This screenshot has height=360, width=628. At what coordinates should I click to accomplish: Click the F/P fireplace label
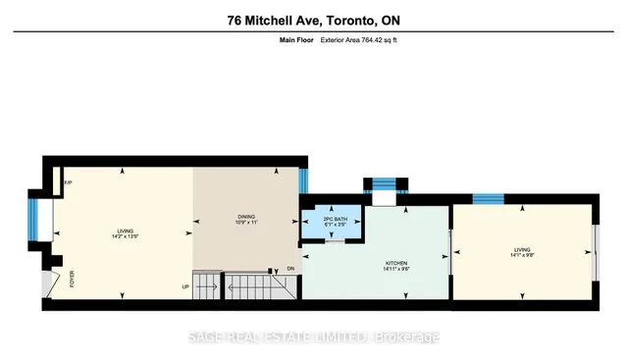(x=68, y=183)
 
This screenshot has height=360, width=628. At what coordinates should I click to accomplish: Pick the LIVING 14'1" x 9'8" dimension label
(x=523, y=252)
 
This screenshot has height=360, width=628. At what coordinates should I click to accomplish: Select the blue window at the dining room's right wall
(x=303, y=180)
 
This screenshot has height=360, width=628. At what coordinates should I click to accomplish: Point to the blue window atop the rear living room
(x=488, y=199)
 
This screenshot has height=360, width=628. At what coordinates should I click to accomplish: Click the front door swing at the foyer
(x=53, y=284)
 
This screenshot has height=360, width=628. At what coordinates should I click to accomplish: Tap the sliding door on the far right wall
(x=595, y=253)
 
